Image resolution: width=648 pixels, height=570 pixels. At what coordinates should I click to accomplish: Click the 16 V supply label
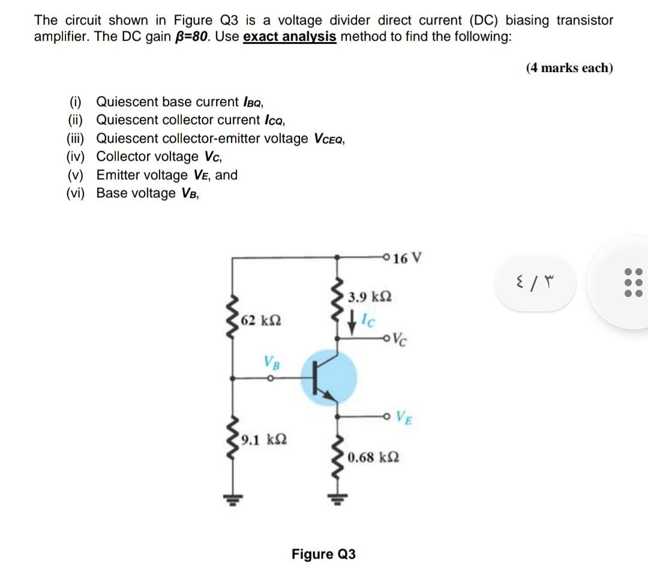[409, 259]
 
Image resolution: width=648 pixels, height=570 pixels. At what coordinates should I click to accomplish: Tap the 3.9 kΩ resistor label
[371, 297]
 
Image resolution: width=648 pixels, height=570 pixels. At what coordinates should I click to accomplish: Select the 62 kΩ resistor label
[261, 320]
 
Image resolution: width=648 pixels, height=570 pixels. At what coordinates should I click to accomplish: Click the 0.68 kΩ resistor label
[373, 457]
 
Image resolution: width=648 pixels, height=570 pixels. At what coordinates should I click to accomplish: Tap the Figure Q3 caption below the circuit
[323, 554]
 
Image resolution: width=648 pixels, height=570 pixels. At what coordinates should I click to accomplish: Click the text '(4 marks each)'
[569, 68]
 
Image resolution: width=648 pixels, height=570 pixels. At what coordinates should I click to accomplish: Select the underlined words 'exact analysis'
[289, 37]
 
